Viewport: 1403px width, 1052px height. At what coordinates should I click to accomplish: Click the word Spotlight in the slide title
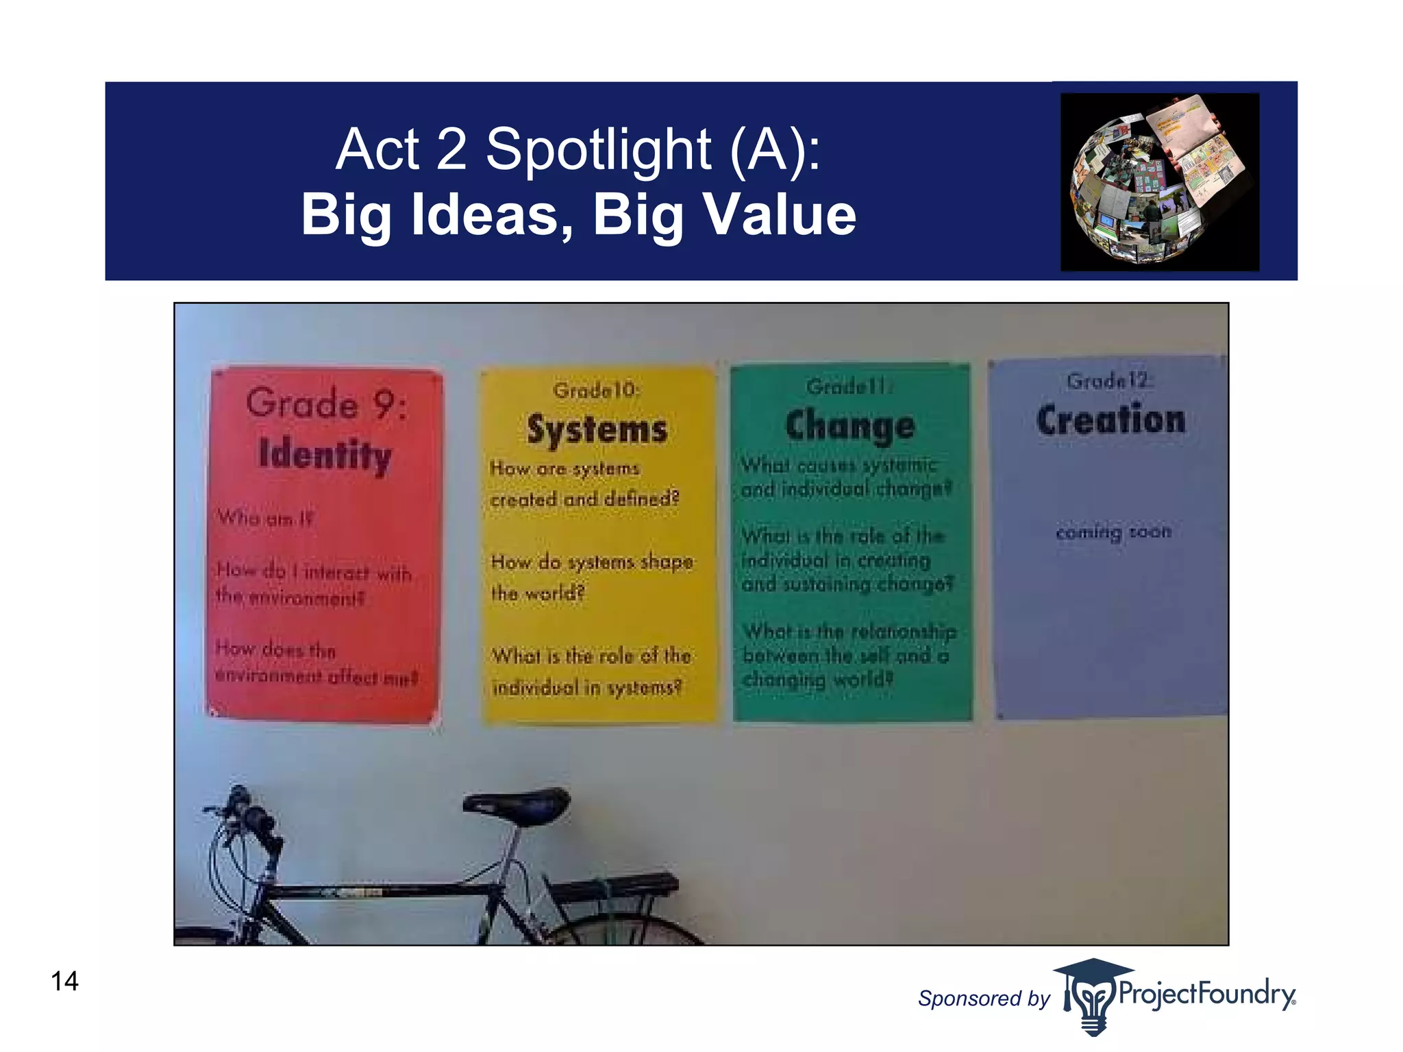coord(598,150)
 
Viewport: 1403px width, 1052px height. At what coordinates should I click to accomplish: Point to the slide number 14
coord(64,981)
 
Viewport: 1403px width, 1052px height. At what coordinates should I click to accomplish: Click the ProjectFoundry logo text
coord(1206,994)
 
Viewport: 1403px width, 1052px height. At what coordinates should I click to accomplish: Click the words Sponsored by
coord(983,999)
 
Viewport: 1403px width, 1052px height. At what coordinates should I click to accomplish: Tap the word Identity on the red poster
coord(325,455)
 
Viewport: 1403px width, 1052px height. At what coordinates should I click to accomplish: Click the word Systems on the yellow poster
coord(597,430)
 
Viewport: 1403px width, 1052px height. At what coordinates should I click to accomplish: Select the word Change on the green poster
coord(849,426)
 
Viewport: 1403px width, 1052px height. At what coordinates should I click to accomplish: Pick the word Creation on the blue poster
coord(1110,420)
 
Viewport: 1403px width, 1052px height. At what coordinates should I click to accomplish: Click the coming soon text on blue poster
coord(1113,532)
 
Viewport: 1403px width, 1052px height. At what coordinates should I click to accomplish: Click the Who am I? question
coord(264,518)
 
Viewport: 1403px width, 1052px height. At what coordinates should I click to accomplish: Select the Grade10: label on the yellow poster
coord(596,390)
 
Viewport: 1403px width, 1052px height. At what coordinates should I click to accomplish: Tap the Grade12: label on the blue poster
coord(1110,381)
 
